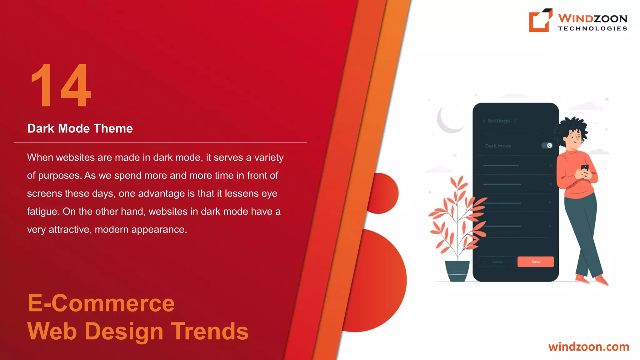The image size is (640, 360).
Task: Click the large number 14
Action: (x=61, y=86)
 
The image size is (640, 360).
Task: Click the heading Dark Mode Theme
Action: (x=80, y=128)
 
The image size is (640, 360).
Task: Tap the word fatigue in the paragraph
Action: (x=42, y=212)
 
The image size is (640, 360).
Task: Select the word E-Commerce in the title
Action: (x=101, y=303)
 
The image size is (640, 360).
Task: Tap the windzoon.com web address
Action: (x=588, y=347)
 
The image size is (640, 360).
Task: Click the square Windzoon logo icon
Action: (x=540, y=20)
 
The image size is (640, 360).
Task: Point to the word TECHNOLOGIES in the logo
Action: (x=592, y=28)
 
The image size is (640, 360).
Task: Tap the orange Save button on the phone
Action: (x=535, y=262)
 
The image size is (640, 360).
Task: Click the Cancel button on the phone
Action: (x=497, y=262)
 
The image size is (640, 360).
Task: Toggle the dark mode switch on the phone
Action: (x=547, y=145)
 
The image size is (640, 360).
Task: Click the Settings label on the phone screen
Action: (x=498, y=121)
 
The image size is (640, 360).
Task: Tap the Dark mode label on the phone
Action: (x=498, y=146)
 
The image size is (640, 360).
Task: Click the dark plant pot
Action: (x=457, y=271)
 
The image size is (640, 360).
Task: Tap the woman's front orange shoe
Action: (x=602, y=280)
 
